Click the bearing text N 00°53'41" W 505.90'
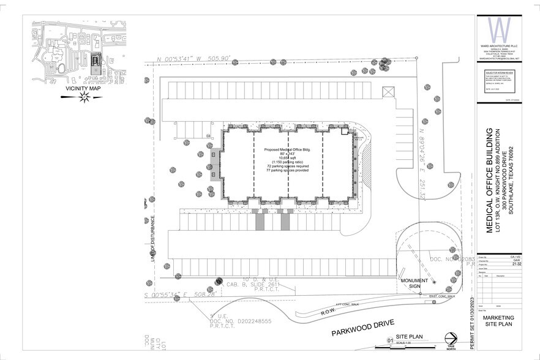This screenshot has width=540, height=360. pos(193,59)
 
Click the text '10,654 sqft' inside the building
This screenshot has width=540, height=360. pos(287,157)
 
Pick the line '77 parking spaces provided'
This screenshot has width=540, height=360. pos(287,170)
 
